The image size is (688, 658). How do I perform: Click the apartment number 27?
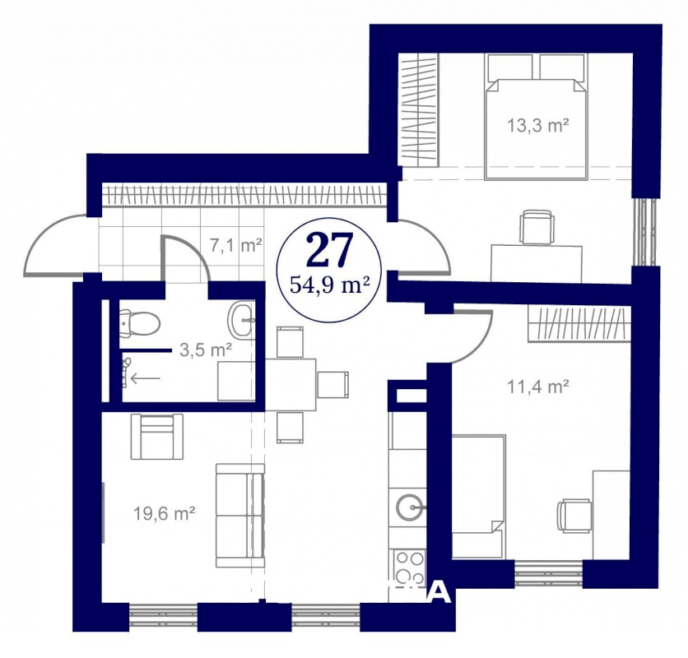[330, 249]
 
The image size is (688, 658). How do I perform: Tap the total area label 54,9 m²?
[328, 285]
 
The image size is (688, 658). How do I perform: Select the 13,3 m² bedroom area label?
[538, 126]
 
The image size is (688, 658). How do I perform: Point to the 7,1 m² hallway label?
[236, 245]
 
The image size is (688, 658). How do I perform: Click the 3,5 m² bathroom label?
[206, 350]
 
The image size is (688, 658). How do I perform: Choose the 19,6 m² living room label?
[164, 512]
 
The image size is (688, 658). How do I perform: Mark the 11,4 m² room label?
[538, 387]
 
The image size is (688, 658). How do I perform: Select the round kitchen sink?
[412, 507]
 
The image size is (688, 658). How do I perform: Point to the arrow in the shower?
[145, 378]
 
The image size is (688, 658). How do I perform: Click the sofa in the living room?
[240, 516]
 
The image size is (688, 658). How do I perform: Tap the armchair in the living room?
[157, 437]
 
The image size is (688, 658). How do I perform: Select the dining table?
[291, 384]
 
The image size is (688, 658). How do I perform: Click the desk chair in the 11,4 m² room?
[574, 517]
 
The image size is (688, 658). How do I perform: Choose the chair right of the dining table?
[333, 385]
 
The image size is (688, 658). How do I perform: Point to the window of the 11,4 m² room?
[548, 572]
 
